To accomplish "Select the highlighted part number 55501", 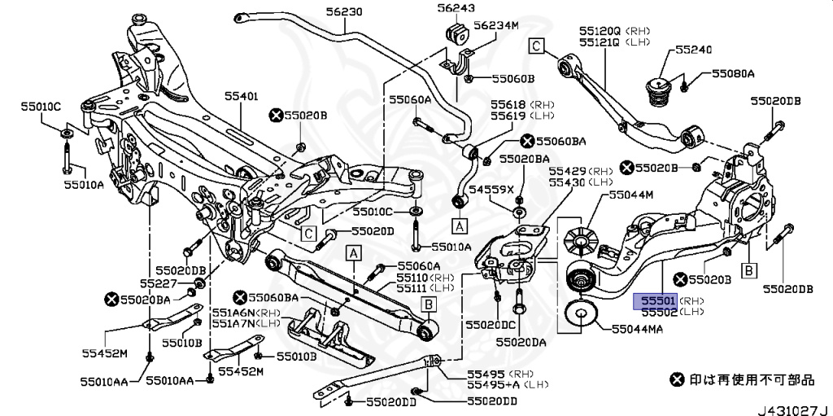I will tap(656, 300).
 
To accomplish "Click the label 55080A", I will tap(733, 73).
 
